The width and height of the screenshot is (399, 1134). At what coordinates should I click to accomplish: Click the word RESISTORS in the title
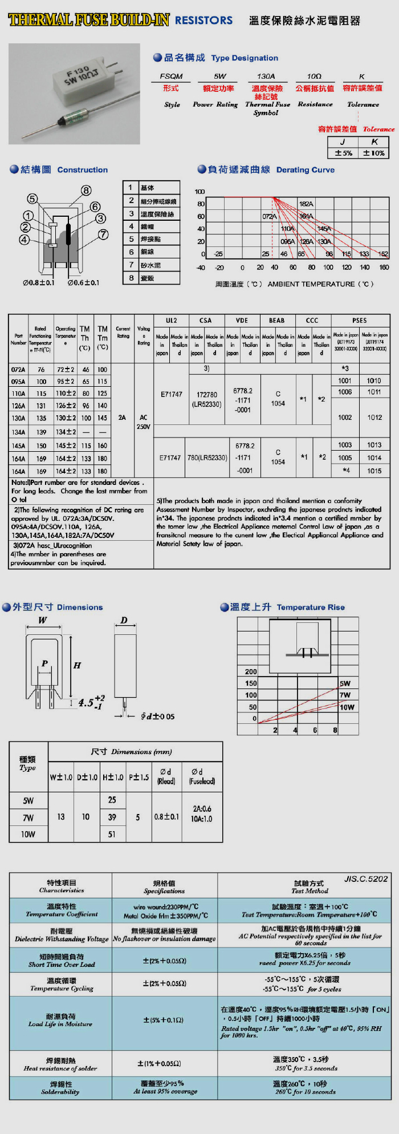203,21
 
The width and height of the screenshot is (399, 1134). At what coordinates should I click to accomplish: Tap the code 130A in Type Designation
266,76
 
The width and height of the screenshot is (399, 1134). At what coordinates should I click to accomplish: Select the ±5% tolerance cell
343,153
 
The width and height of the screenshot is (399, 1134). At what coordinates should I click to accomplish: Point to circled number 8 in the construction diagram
86,191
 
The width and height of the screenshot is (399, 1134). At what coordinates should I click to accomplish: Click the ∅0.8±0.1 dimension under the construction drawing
39,282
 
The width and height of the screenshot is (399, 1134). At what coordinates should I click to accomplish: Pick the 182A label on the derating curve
306,204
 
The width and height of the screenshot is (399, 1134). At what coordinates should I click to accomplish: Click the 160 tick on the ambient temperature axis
384,267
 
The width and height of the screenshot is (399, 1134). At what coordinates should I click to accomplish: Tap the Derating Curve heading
305,170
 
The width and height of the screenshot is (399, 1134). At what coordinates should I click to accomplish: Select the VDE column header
241,321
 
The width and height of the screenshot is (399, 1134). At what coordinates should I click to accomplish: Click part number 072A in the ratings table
18,370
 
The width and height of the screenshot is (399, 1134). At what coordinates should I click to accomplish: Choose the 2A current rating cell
122,418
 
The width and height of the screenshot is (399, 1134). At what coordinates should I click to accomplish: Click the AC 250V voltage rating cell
144,422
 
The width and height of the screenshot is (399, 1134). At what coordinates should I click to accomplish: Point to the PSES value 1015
374,471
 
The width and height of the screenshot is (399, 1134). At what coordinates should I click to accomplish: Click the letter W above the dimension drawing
43,620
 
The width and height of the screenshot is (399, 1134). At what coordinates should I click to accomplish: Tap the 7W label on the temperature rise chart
345,695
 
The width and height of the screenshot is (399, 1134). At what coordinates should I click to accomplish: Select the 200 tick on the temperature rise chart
251,671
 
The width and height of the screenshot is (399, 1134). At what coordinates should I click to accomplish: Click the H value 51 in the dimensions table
112,834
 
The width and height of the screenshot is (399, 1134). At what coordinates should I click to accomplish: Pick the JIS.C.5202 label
365,879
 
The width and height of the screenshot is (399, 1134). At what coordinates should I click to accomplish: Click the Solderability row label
60,1088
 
